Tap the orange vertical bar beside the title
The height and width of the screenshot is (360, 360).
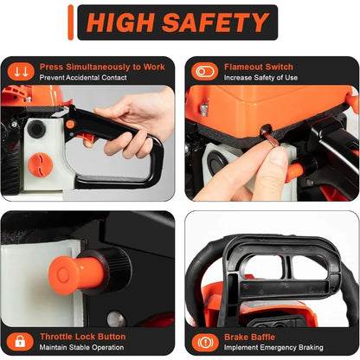coord(70,22)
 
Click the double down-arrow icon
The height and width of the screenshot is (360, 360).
coord(22,71)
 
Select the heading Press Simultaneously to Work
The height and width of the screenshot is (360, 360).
coord(100,67)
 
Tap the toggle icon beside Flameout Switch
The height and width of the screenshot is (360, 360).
coord(204,71)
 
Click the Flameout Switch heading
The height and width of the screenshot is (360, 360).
coord(259,67)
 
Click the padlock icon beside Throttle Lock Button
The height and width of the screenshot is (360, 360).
coord(20,341)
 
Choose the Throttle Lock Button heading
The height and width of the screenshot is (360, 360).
coord(80,337)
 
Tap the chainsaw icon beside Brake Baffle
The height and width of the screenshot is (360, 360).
coord(203,341)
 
